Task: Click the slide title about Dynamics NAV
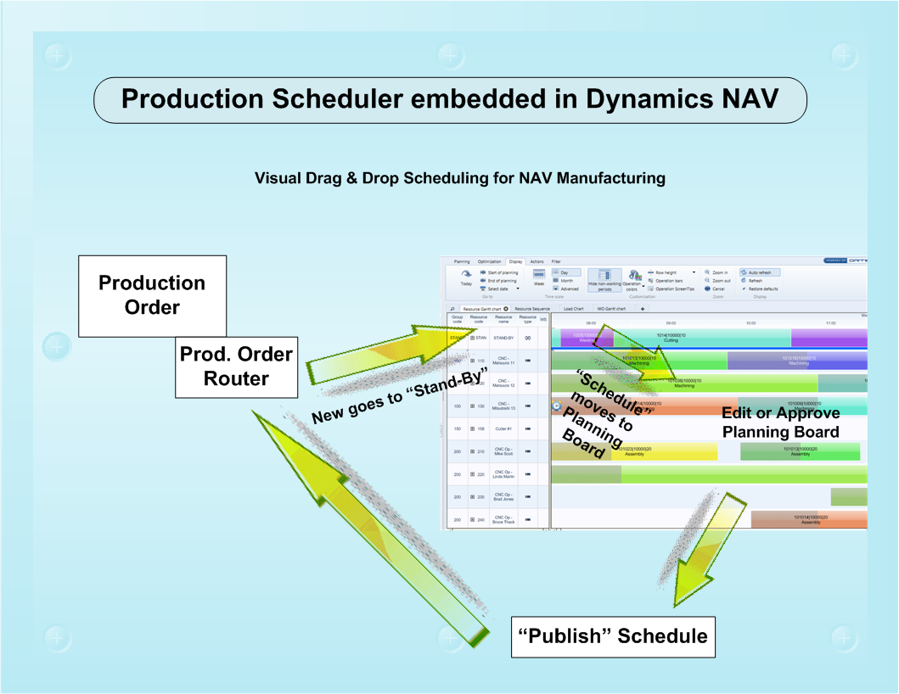click(x=449, y=98)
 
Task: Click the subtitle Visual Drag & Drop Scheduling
click(x=460, y=178)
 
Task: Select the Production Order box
click(x=152, y=295)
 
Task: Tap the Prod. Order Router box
click(x=236, y=366)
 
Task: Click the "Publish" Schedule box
click(x=613, y=635)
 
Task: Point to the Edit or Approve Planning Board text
click(x=780, y=423)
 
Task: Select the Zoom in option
click(x=716, y=272)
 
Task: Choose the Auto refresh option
click(x=759, y=272)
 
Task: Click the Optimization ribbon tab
click(x=489, y=262)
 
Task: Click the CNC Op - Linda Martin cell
click(x=504, y=474)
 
